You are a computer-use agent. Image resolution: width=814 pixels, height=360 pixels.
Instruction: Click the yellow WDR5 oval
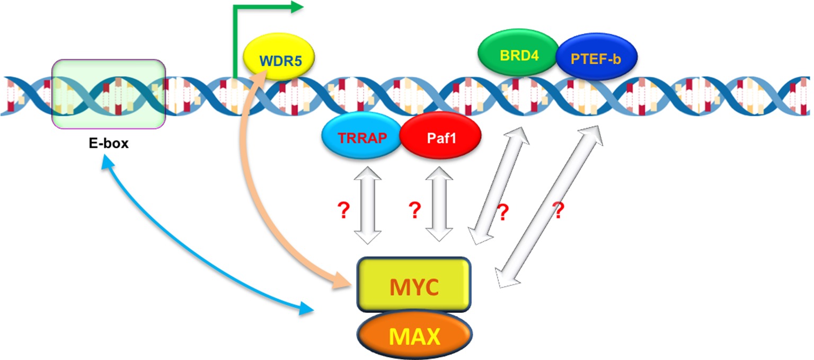pos(279,56)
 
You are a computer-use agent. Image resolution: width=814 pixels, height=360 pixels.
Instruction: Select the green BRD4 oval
pos(518,52)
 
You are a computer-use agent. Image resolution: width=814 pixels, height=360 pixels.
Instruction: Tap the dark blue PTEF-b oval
pos(596,57)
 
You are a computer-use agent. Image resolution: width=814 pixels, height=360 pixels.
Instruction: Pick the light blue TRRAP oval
pos(362,136)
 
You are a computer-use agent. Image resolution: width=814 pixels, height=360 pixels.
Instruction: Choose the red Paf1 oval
pos(440,136)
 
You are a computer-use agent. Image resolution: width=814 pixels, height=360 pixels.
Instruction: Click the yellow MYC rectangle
pos(414,285)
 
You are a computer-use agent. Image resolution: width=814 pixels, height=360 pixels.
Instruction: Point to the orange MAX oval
pos(414,335)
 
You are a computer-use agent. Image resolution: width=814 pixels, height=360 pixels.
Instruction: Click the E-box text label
pos(109,143)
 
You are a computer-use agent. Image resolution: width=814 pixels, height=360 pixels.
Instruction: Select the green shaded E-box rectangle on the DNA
pos(109,94)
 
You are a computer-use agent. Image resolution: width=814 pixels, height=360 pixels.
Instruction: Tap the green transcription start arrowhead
pos(297,7)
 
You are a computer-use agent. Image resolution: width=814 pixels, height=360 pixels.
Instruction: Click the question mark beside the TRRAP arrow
pos(343,210)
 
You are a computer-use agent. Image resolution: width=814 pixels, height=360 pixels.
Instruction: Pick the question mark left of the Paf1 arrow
pos(414,210)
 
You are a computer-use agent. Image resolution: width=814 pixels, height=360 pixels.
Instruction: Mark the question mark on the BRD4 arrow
pos(503,213)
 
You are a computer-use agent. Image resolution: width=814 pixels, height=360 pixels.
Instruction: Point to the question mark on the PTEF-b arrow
pos(559,210)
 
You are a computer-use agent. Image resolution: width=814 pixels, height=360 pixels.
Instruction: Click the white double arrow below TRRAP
pos(368,205)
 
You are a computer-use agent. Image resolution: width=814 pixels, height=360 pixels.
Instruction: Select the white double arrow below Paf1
pos(439,204)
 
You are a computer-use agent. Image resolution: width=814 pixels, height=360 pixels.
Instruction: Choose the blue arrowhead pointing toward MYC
pos(306,309)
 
